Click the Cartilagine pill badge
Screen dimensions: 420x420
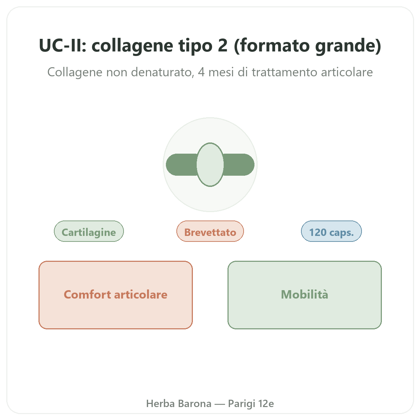pyautogui.click(x=89, y=231)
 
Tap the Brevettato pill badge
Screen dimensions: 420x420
pyautogui.click(x=210, y=231)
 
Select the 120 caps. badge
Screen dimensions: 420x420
pyautogui.click(x=331, y=231)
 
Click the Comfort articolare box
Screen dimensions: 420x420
pyautogui.click(x=115, y=295)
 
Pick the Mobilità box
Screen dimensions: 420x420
pyautogui.click(x=304, y=295)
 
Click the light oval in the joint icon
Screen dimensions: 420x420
pyautogui.click(x=210, y=164)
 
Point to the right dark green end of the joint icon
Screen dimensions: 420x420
pyautogui.click(x=239, y=164)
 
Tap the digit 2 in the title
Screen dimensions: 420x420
pyautogui.click(x=223, y=45)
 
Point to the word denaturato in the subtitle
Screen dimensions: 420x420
pyautogui.click(x=162, y=72)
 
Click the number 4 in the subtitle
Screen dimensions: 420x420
pyautogui.click(x=201, y=72)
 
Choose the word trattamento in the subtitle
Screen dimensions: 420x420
pyautogui.click(x=284, y=72)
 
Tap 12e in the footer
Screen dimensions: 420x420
pyautogui.click(x=266, y=404)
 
